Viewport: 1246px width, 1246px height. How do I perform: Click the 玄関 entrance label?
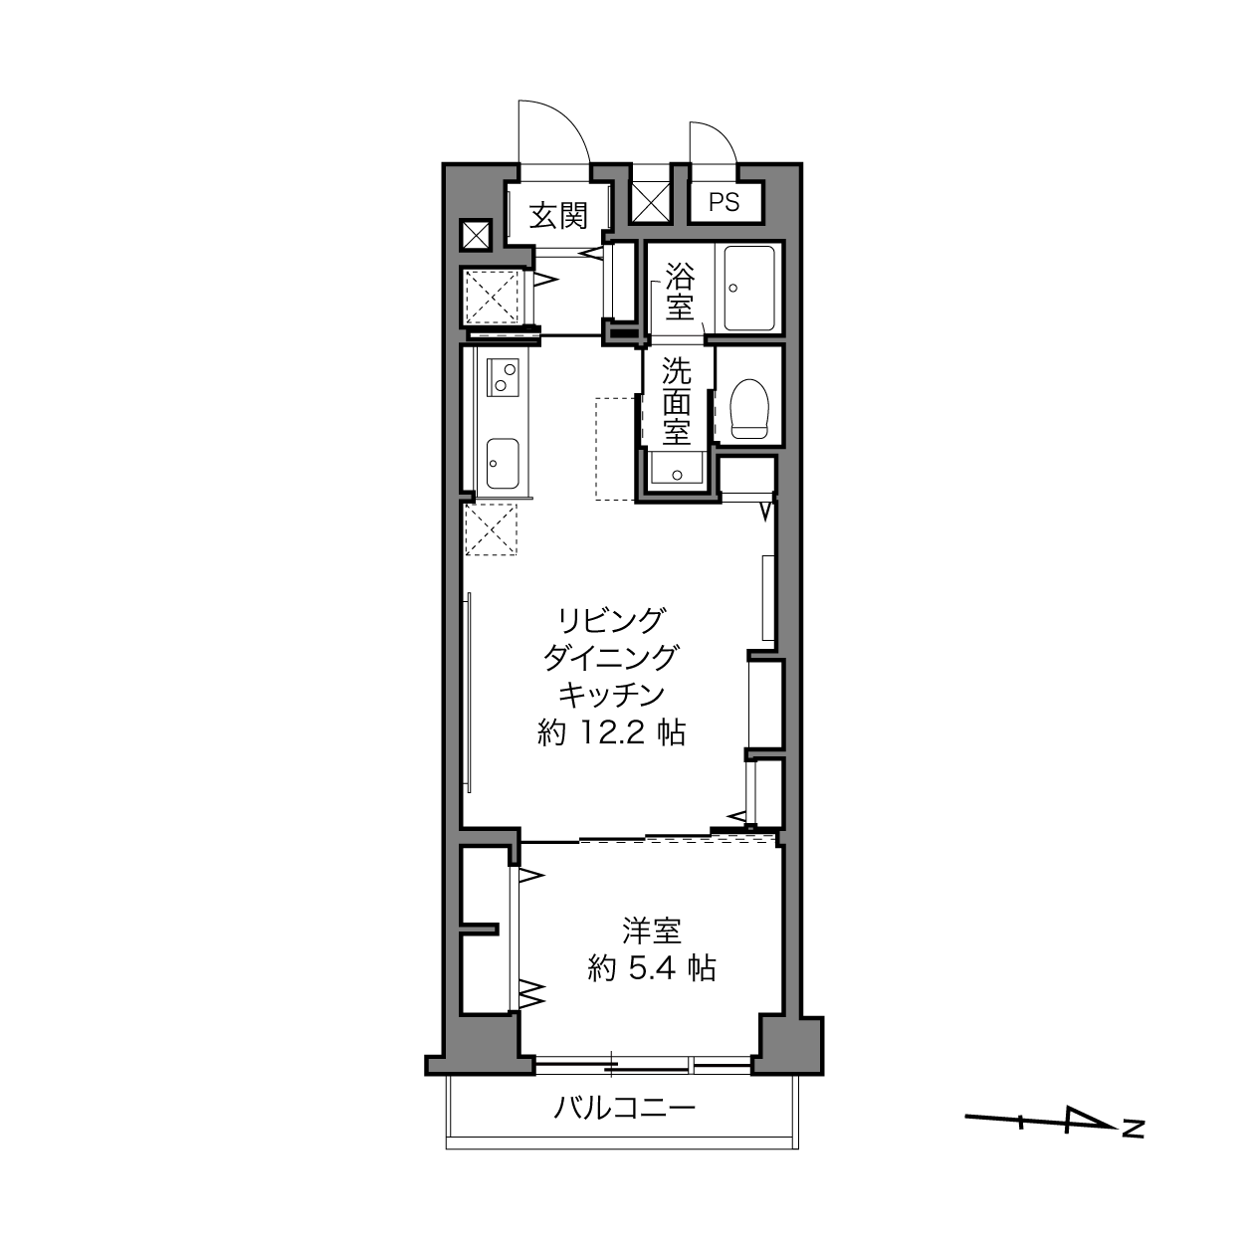click(558, 215)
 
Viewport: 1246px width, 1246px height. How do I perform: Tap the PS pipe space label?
click(724, 202)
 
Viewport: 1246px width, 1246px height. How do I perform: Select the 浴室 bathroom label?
click(680, 291)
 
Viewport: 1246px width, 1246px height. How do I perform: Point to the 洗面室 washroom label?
click(677, 401)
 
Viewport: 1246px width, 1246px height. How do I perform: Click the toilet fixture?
click(748, 408)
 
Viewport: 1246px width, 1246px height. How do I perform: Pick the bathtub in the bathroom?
click(748, 288)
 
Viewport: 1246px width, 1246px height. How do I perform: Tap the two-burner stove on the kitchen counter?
click(503, 377)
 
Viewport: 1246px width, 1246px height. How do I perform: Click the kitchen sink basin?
click(502, 464)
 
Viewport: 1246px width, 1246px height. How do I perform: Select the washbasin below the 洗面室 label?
click(677, 469)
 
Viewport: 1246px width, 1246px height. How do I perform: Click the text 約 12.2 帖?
click(611, 732)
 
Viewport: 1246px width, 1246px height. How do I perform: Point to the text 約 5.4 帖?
click(651, 968)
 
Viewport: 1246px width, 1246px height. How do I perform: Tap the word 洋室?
click(651, 932)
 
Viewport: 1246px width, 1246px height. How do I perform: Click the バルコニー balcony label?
click(624, 1127)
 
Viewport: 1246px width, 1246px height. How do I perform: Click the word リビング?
click(611, 621)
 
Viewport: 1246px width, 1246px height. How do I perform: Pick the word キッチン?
click(611, 695)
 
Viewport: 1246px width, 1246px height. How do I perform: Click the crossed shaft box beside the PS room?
click(651, 203)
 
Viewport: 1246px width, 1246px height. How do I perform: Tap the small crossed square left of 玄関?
click(476, 235)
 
